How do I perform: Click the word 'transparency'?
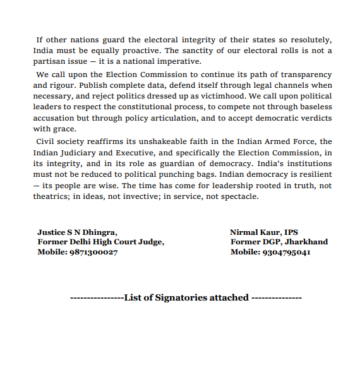coord(302,75)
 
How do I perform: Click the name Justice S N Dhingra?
coord(77,232)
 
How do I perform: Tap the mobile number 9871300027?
coord(93,252)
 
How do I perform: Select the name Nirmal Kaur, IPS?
coord(264,232)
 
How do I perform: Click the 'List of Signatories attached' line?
coord(186,297)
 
